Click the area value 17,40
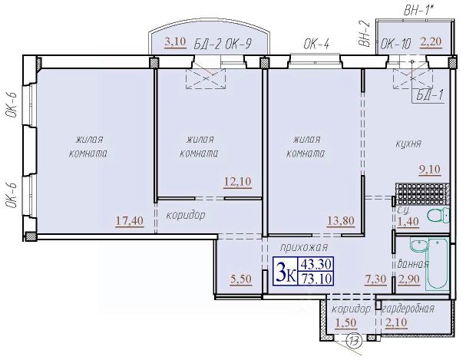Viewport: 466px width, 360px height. pos(130,221)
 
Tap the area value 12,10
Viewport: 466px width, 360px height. pos(237,181)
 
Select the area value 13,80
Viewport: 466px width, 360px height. pos(341,221)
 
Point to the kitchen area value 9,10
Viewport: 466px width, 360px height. pos(430,170)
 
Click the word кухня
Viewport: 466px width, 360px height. pos(408,144)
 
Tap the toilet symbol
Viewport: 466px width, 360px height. pos(438,215)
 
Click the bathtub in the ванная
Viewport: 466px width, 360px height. pos(438,264)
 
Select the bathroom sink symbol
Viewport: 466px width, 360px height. pos(418,245)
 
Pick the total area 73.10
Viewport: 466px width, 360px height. pos(316,279)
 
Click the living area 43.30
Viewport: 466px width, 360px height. pos(316,264)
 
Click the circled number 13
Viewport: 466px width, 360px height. pos(354,340)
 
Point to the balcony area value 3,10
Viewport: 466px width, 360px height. pos(175,42)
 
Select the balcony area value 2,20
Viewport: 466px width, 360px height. pos(431,42)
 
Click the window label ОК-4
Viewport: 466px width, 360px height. pos(316,45)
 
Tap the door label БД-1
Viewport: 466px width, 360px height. pos(430,96)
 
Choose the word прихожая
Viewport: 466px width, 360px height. pos(304,247)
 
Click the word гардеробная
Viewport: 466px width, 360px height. pos(408,309)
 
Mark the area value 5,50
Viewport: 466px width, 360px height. pos(241,279)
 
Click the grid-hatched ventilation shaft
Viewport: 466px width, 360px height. pos(422,194)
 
